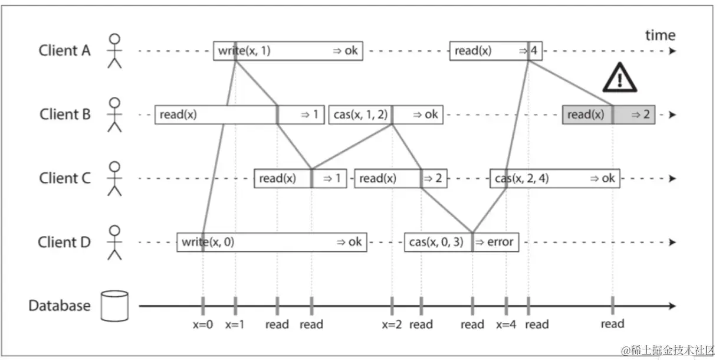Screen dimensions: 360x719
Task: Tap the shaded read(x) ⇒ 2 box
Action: (608, 115)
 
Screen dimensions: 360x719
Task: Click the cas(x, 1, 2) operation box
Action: (386, 114)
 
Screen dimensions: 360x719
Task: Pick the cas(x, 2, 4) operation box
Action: (554, 178)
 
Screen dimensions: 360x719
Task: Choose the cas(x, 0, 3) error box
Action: (461, 242)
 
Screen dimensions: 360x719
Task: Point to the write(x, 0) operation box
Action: (271, 242)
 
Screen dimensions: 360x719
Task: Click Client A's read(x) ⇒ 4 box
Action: (495, 51)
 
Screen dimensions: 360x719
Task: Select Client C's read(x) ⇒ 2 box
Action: (400, 178)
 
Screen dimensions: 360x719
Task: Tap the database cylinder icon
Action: (114, 306)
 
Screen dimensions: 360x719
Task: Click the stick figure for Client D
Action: (115, 242)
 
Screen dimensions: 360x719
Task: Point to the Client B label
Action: (65, 114)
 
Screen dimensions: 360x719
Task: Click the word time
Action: (660, 35)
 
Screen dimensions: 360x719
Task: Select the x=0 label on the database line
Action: (202, 324)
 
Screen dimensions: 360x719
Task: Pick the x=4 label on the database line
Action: (506, 324)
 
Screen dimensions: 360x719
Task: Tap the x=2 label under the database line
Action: (392, 324)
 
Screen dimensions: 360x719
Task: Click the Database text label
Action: (60, 306)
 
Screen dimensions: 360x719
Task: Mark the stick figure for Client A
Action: (115, 51)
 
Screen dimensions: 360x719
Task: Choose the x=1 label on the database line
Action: (235, 324)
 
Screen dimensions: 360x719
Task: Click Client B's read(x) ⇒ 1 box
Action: (239, 114)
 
